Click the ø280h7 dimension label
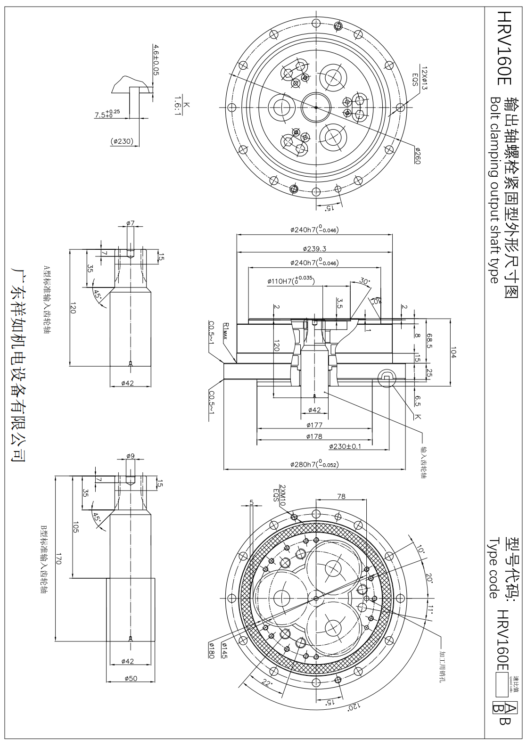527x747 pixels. pyautogui.click(x=314, y=464)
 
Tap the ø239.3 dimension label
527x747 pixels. pyautogui.click(x=314, y=248)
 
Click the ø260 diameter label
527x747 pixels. pyautogui.click(x=417, y=156)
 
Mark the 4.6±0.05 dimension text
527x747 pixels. pyautogui.click(x=156, y=60)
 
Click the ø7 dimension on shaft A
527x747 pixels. pyautogui.click(x=131, y=222)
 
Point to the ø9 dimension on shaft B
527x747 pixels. pyautogui.click(x=131, y=456)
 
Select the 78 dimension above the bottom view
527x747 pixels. pyautogui.click(x=341, y=496)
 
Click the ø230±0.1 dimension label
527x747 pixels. pyautogui.click(x=345, y=446)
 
